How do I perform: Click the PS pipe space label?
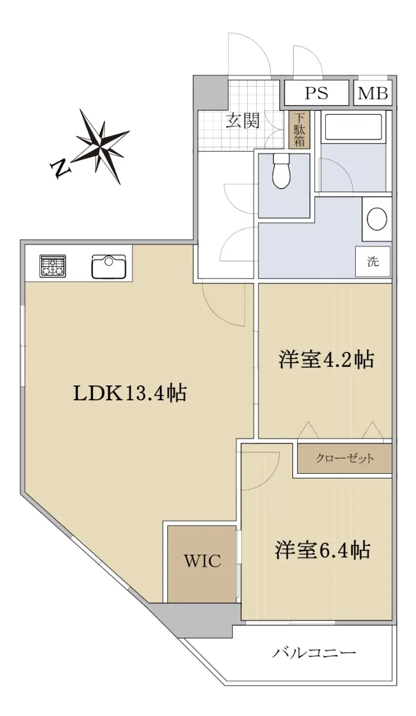tap(316, 93)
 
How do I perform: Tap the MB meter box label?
tap(373, 93)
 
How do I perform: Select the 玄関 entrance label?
tap(243, 121)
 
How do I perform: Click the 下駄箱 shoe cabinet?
tap(299, 129)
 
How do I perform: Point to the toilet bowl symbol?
tap(281, 171)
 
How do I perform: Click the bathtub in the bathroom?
tap(353, 127)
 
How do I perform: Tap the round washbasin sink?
tap(377, 218)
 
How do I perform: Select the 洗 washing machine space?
tap(373, 262)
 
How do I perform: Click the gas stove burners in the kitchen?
tap(53, 266)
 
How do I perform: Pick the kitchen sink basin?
tap(109, 267)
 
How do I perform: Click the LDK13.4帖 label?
tap(130, 393)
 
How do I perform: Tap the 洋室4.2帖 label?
tap(326, 360)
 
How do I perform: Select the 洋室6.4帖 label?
tap(323, 550)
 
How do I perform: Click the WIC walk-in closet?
tap(202, 564)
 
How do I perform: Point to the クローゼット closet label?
tap(344, 458)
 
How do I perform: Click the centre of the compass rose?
tap(101, 146)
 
